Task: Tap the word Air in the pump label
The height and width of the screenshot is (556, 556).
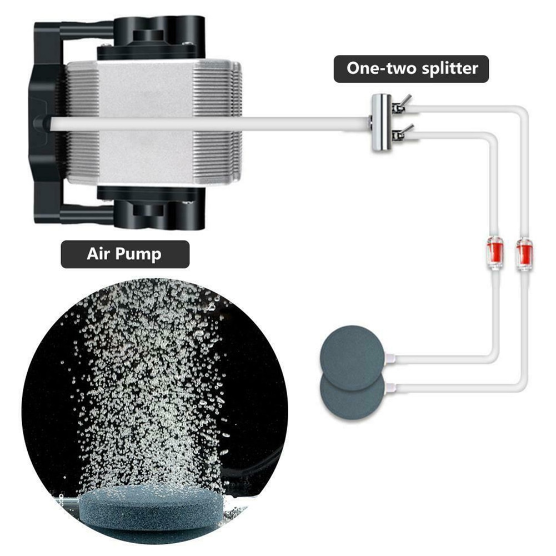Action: point(98,254)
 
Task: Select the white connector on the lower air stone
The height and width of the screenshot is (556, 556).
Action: point(392,386)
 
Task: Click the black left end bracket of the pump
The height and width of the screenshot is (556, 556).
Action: point(44,122)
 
